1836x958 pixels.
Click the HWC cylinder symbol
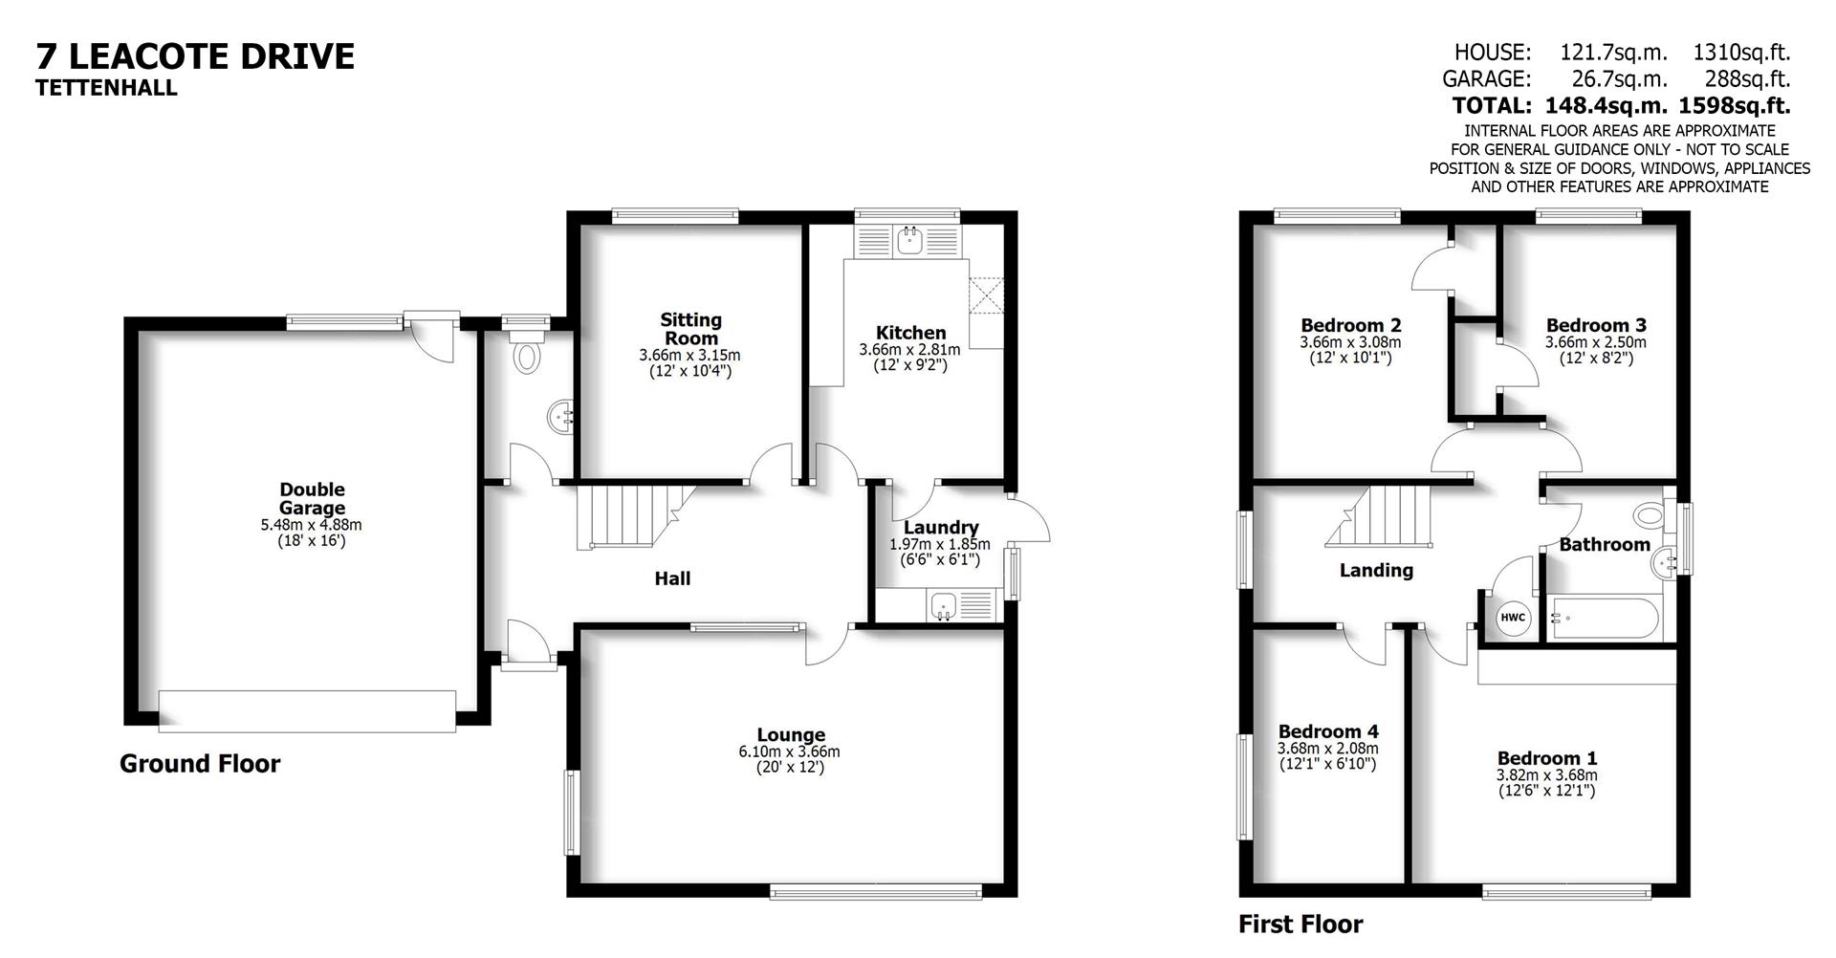(x=1513, y=618)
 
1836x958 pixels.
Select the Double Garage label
(x=312, y=499)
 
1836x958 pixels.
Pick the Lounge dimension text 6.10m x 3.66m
(x=789, y=752)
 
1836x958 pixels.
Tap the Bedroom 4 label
(x=1328, y=731)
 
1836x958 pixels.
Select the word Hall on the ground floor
(x=672, y=578)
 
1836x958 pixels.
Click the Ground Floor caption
(x=200, y=764)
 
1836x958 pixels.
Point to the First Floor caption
(x=1300, y=925)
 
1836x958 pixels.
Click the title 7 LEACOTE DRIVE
(x=195, y=56)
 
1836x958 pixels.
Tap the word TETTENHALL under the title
(x=106, y=88)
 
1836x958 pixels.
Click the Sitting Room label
(x=690, y=329)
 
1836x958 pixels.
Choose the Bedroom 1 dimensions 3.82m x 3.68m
(x=1546, y=775)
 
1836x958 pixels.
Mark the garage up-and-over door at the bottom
(x=307, y=711)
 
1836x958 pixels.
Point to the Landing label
(x=1376, y=571)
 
